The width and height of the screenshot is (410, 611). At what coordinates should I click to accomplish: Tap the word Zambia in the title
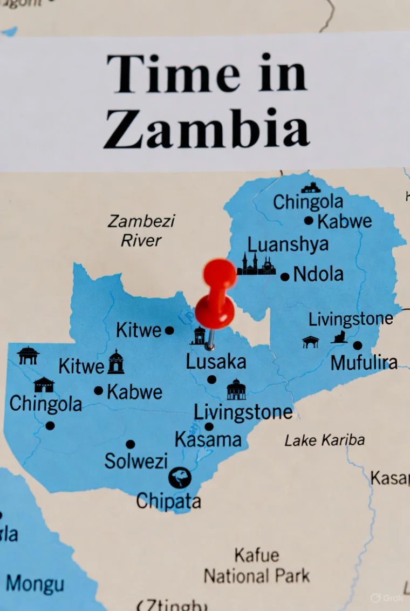pyautogui.click(x=207, y=128)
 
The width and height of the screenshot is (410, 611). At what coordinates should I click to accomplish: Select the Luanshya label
pyautogui.click(x=288, y=244)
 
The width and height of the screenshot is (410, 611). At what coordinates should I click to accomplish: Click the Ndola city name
pyautogui.click(x=318, y=274)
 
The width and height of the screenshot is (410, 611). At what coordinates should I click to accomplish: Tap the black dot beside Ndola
pyautogui.click(x=285, y=277)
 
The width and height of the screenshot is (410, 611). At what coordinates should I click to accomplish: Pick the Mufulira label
pyautogui.click(x=364, y=363)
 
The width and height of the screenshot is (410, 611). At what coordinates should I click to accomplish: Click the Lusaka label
pyautogui.click(x=216, y=362)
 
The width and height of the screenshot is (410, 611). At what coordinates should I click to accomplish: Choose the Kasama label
pyautogui.click(x=208, y=440)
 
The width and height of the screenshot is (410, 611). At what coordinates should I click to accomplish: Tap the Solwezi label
pyautogui.click(x=136, y=461)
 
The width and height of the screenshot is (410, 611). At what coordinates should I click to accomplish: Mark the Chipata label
pyautogui.click(x=168, y=501)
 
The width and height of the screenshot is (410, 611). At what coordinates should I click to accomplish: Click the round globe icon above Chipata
pyautogui.click(x=180, y=478)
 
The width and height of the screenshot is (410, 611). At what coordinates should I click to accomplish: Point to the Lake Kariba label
pyautogui.click(x=325, y=440)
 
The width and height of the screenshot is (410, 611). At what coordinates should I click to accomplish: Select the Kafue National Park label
pyautogui.click(x=257, y=566)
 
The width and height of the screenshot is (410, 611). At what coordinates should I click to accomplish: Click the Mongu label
pyautogui.click(x=35, y=584)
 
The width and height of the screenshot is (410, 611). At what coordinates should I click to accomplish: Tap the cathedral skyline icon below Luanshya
pyautogui.click(x=256, y=264)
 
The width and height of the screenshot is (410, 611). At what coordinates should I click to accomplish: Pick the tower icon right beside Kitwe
pyautogui.click(x=115, y=362)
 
